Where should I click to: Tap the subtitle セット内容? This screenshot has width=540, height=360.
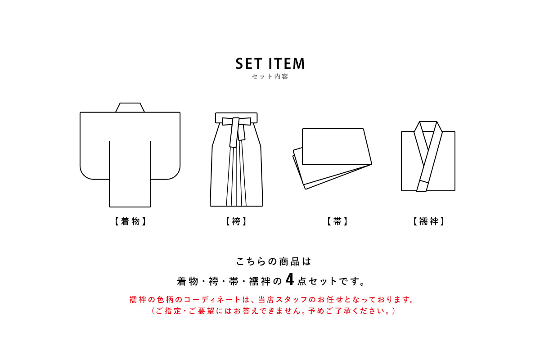pyautogui.click(x=270, y=76)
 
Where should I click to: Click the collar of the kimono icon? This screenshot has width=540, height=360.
pyautogui.click(x=130, y=108)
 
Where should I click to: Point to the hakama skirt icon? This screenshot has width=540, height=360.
pyautogui.click(x=237, y=162)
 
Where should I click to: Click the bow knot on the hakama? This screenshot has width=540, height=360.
pyautogui.click(x=236, y=122)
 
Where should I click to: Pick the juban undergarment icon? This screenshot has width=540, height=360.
pyautogui.click(x=428, y=157)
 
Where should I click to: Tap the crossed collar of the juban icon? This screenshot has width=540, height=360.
pyautogui.click(x=427, y=139)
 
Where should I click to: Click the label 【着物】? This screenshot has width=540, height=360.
pyautogui.click(x=130, y=221)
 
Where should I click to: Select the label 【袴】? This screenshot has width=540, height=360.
pyautogui.click(x=236, y=221)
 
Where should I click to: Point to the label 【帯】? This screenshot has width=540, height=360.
pyautogui.click(x=337, y=221)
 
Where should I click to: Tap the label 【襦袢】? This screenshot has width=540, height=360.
pyautogui.click(x=428, y=221)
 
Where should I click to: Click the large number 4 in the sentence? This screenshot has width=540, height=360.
pyautogui.click(x=289, y=280)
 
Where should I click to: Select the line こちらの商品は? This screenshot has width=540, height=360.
pyautogui.click(x=274, y=261)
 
